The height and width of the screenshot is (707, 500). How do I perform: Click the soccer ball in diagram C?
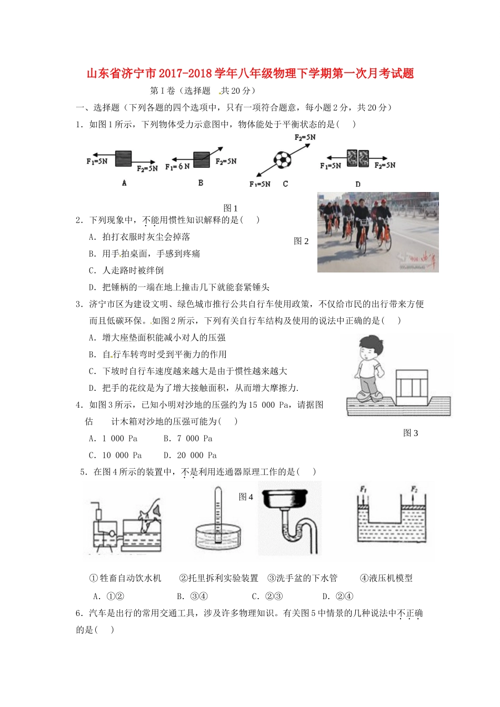[x=282, y=159]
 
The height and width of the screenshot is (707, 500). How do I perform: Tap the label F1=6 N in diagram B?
[x=177, y=166]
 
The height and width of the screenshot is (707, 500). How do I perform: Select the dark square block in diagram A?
[x=123, y=158]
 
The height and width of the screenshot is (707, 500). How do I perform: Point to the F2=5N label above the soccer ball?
[x=305, y=138]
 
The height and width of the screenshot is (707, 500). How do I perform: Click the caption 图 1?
[x=231, y=208]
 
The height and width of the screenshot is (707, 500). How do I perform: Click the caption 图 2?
[x=301, y=241]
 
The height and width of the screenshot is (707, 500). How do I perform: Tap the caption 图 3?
[x=411, y=433]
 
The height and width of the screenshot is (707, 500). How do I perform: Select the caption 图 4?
[x=246, y=497]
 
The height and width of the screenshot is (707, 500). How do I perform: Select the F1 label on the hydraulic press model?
[x=363, y=490]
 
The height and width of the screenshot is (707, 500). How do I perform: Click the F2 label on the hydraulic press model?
[x=414, y=490]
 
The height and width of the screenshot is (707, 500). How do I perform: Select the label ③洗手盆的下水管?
[x=302, y=578]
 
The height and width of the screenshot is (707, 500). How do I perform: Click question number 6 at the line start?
[x=79, y=613]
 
